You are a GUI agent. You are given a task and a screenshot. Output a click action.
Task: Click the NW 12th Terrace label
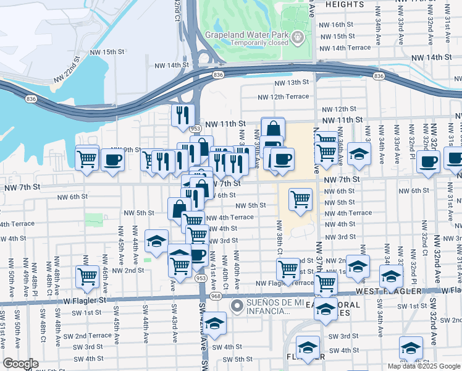pos(283,97)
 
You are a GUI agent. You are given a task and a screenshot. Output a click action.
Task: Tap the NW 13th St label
pos(292,82)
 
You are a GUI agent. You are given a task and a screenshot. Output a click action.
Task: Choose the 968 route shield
pos(215,296)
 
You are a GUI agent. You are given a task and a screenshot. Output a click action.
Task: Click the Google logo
pos(21,364)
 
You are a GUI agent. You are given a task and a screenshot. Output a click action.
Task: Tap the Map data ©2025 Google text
pos(424,366)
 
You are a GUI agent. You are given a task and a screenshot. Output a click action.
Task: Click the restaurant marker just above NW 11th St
pos(183,115)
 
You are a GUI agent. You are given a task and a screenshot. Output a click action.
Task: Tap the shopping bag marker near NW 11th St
pos(272,129)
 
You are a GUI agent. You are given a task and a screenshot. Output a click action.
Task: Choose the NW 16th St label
pos(337,25)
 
